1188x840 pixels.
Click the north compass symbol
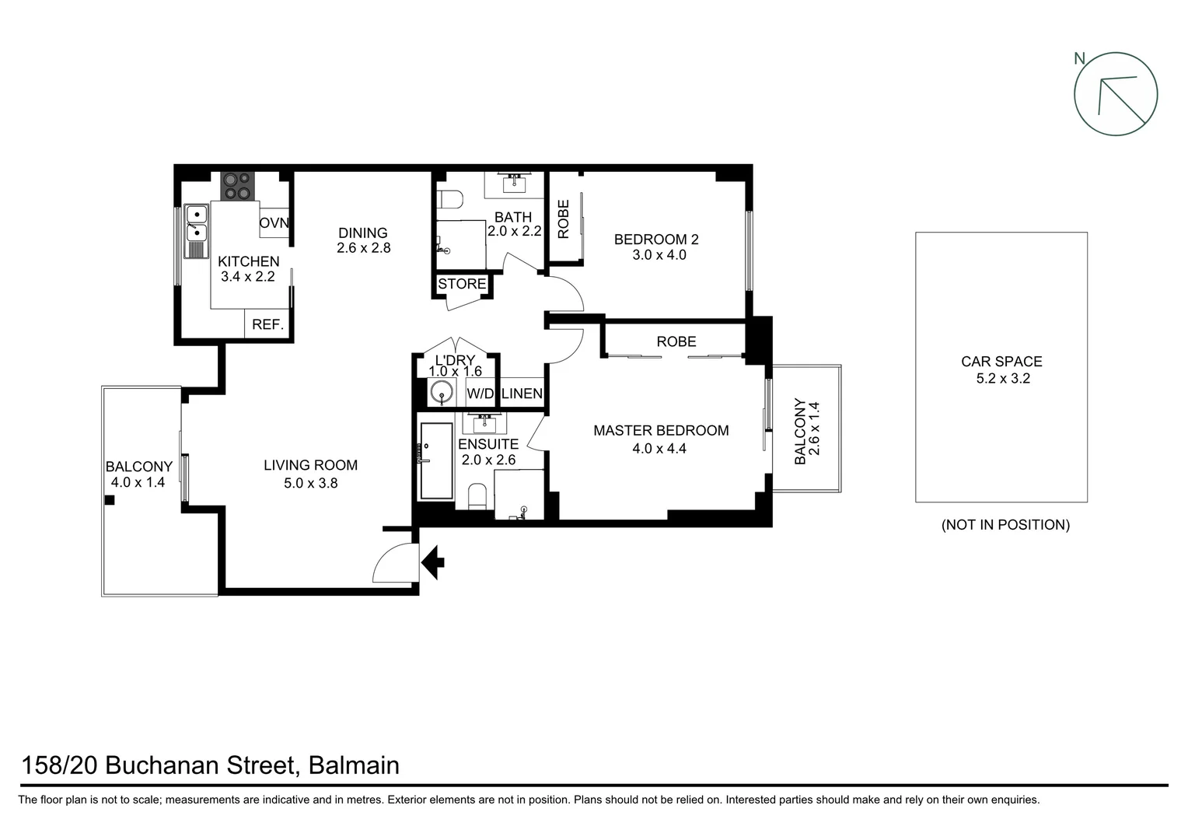click(x=1115, y=94)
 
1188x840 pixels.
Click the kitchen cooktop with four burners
click(x=238, y=186)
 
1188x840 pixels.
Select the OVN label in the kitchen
click(x=274, y=223)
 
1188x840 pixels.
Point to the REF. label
click(x=267, y=324)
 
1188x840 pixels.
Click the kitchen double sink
click(x=197, y=222)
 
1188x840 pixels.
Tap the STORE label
click(x=462, y=284)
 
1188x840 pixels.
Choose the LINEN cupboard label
click(x=522, y=394)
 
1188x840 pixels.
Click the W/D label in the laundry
click(x=480, y=394)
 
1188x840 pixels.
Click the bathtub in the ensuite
click(x=436, y=460)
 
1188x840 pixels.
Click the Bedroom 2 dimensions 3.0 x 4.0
click(x=659, y=255)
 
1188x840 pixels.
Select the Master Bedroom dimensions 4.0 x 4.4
click(x=659, y=448)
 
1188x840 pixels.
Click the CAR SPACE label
click(x=1001, y=361)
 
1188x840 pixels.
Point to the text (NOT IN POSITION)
click(x=1005, y=525)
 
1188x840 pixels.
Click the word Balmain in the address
click(x=354, y=765)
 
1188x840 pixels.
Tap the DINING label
click(x=362, y=233)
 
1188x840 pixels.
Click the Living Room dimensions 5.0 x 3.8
click(x=310, y=483)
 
